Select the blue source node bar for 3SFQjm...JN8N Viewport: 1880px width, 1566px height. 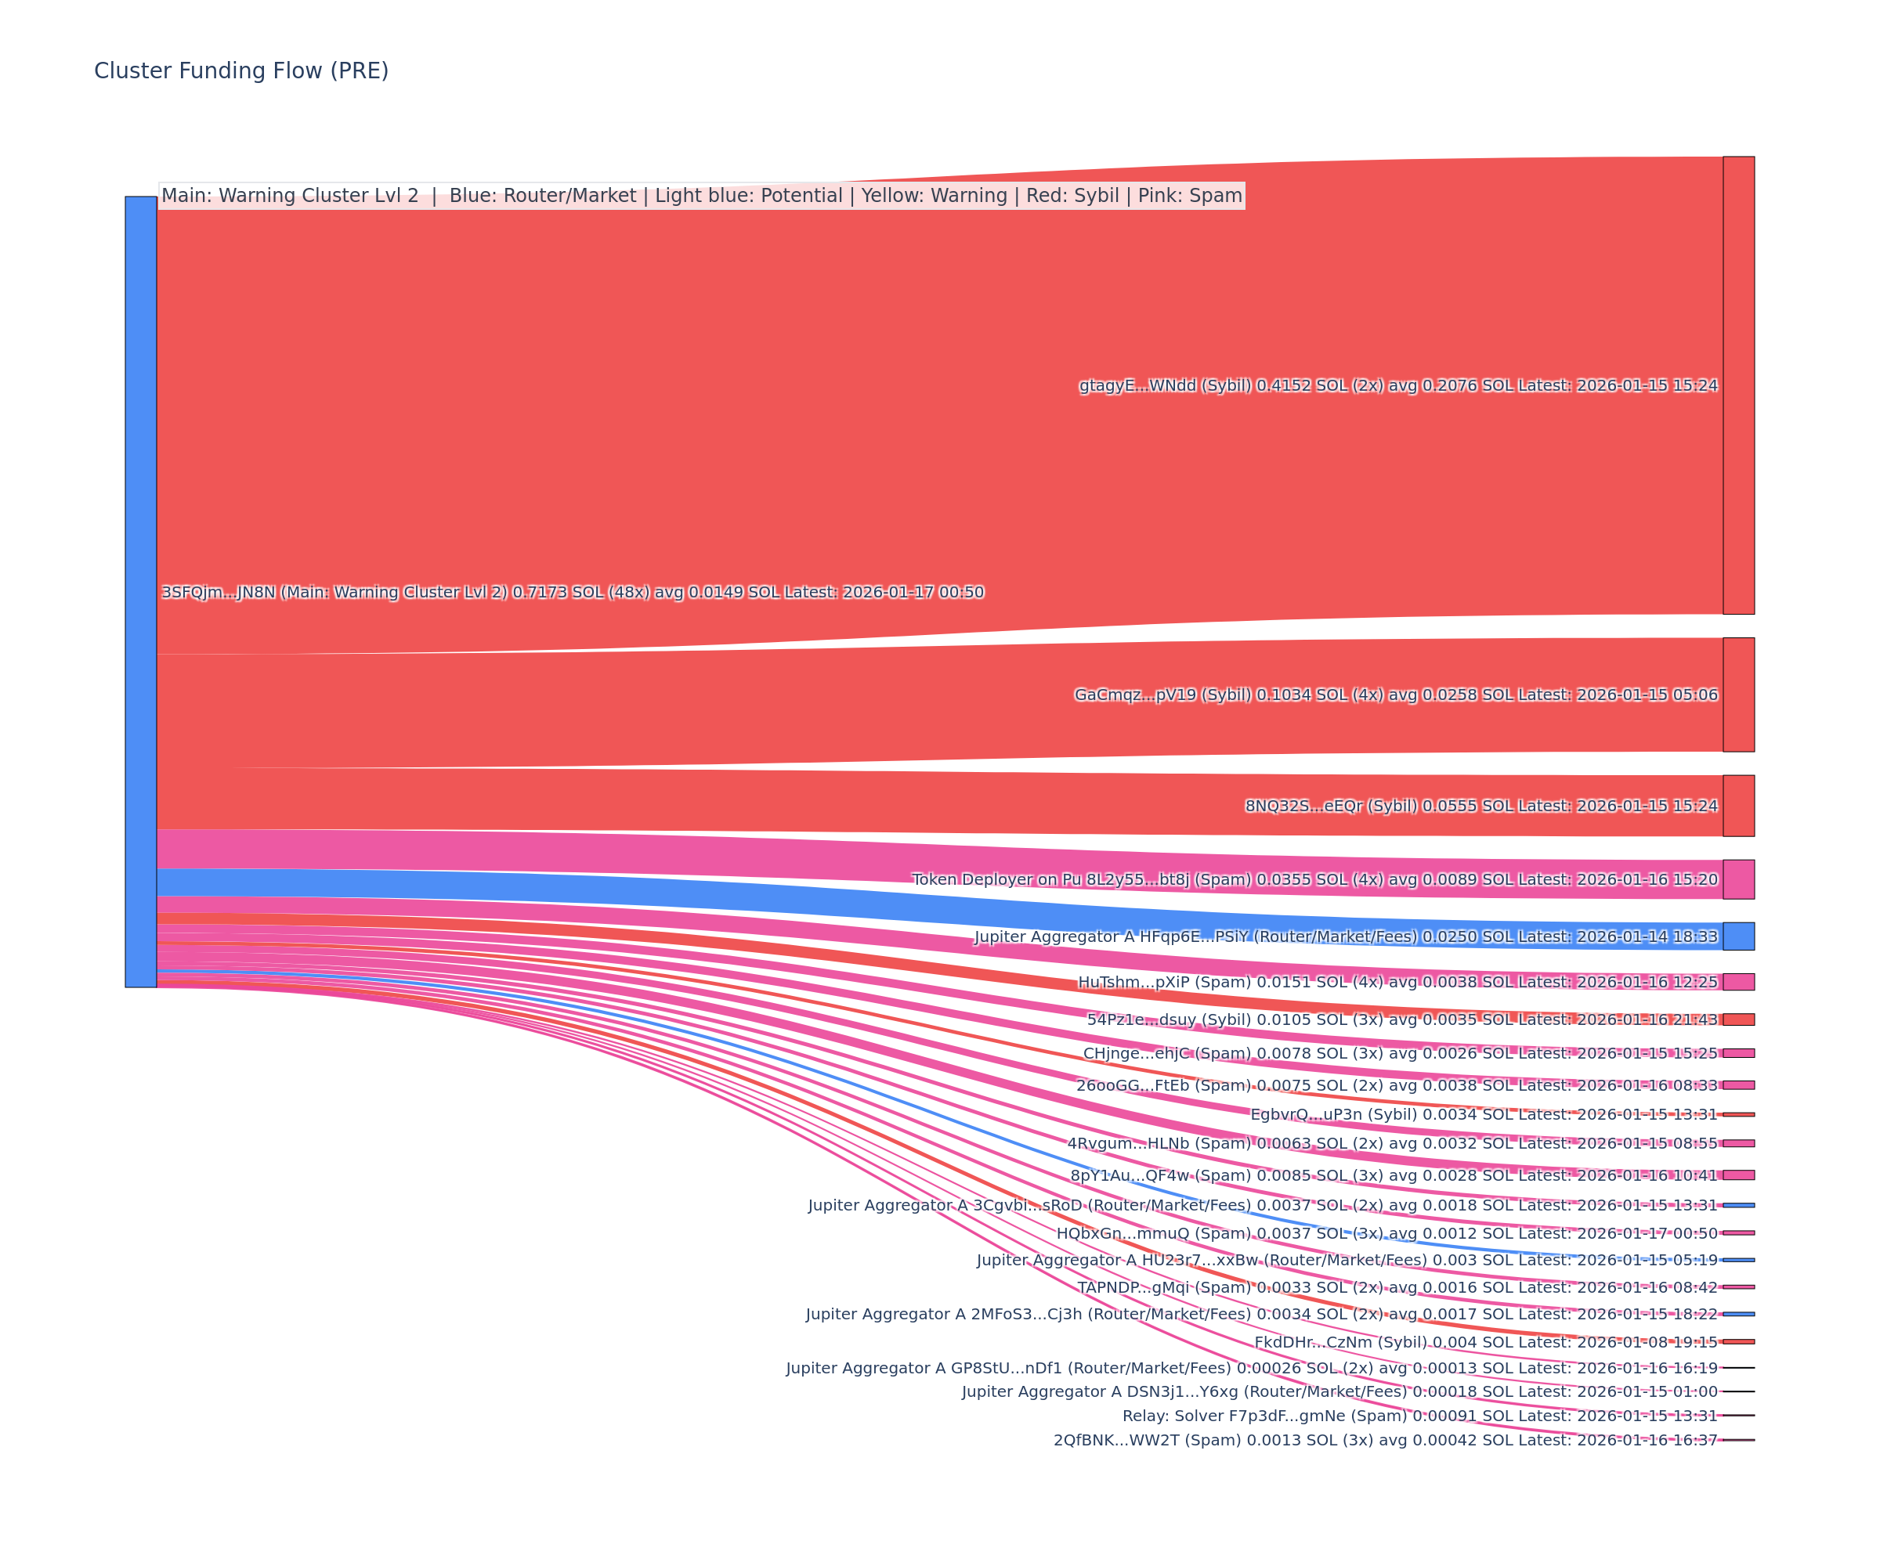[140, 591]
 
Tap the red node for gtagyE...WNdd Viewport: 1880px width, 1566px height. [1738, 384]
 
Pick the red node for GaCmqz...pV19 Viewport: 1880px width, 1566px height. [1738, 695]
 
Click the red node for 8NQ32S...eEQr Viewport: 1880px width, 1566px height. [1738, 806]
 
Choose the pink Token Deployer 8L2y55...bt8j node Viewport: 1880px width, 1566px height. [1738, 879]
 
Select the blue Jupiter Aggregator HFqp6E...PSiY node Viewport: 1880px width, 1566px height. [1738, 936]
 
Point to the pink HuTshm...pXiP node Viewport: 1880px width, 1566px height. [1738, 982]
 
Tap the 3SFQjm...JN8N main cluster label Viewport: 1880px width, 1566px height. [572, 593]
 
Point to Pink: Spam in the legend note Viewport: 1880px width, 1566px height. [1190, 196]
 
